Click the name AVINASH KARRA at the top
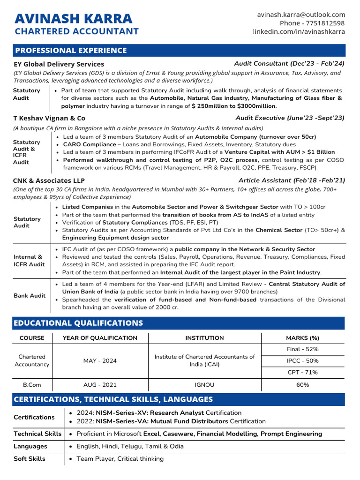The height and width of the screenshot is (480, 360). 74,19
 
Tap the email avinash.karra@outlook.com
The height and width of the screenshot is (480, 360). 301,15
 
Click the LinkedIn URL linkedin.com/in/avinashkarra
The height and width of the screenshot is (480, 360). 299,31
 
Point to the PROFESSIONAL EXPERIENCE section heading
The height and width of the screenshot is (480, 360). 71,51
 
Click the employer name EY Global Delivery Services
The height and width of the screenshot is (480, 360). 59,64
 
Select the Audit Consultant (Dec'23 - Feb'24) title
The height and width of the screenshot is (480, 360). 289,64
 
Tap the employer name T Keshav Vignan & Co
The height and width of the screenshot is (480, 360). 50,119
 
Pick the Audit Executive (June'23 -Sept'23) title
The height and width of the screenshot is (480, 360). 290,118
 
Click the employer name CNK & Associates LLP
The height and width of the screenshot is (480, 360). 49,180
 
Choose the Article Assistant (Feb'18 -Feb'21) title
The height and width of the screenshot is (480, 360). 292,180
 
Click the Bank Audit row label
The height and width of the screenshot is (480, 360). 30,296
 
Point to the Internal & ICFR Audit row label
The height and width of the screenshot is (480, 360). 30,261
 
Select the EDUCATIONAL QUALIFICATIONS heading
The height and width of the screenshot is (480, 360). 78,323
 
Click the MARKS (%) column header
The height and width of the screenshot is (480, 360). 302,338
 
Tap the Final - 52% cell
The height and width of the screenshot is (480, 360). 302,349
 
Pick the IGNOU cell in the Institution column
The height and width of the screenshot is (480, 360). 204,385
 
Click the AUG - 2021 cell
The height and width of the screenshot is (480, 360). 100,385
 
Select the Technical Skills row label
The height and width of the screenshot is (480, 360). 37,434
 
